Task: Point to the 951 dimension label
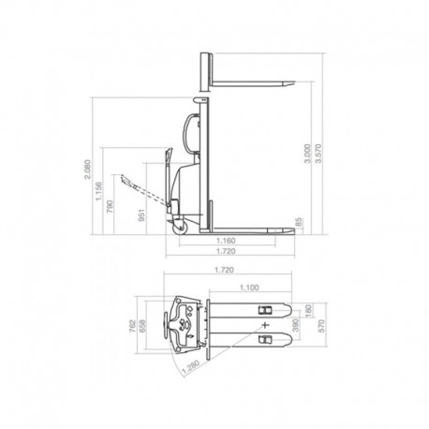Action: (x=142, y=220)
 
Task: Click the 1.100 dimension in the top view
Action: (x=249, y=288)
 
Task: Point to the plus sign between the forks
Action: (x=266, y=324)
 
